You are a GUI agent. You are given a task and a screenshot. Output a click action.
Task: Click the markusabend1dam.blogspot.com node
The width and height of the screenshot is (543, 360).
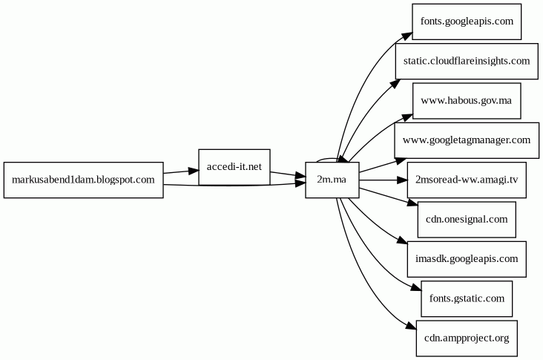point(83,180)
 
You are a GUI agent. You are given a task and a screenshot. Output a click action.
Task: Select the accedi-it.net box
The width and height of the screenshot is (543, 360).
point(234,167)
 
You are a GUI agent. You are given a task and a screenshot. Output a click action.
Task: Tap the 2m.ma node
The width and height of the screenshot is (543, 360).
point(332,180)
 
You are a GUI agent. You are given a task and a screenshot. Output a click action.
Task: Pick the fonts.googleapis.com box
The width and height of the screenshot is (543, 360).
point(467,21)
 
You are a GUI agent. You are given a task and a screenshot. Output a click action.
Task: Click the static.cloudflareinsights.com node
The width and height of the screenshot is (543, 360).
point(467,61)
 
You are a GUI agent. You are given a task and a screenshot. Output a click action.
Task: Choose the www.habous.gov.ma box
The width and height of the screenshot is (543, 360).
point(467,101)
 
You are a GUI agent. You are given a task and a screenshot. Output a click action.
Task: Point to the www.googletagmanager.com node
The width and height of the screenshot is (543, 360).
point(467,140)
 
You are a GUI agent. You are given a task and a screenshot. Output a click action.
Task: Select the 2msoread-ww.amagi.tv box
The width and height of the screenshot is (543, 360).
point(467,180)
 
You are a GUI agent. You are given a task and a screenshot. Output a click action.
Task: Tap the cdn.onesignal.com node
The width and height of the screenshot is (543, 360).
point(467,220)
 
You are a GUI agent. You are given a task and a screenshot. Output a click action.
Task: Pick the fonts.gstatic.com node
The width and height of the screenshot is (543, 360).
point(467,299)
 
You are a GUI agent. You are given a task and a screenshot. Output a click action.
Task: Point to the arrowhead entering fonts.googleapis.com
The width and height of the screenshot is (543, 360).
point(407,34)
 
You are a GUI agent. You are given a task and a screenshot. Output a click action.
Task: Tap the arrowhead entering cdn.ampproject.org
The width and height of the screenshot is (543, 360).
point(409,327)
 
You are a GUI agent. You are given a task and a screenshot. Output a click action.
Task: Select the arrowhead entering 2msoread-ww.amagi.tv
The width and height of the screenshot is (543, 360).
point(401,180)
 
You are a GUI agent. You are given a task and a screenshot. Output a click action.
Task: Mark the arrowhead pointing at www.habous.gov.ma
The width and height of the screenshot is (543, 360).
point(407,115)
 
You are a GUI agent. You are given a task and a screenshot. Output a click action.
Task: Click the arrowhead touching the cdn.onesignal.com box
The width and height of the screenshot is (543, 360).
point(412,202)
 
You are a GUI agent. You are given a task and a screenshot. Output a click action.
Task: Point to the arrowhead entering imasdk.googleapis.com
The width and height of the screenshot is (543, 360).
point(401,242)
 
